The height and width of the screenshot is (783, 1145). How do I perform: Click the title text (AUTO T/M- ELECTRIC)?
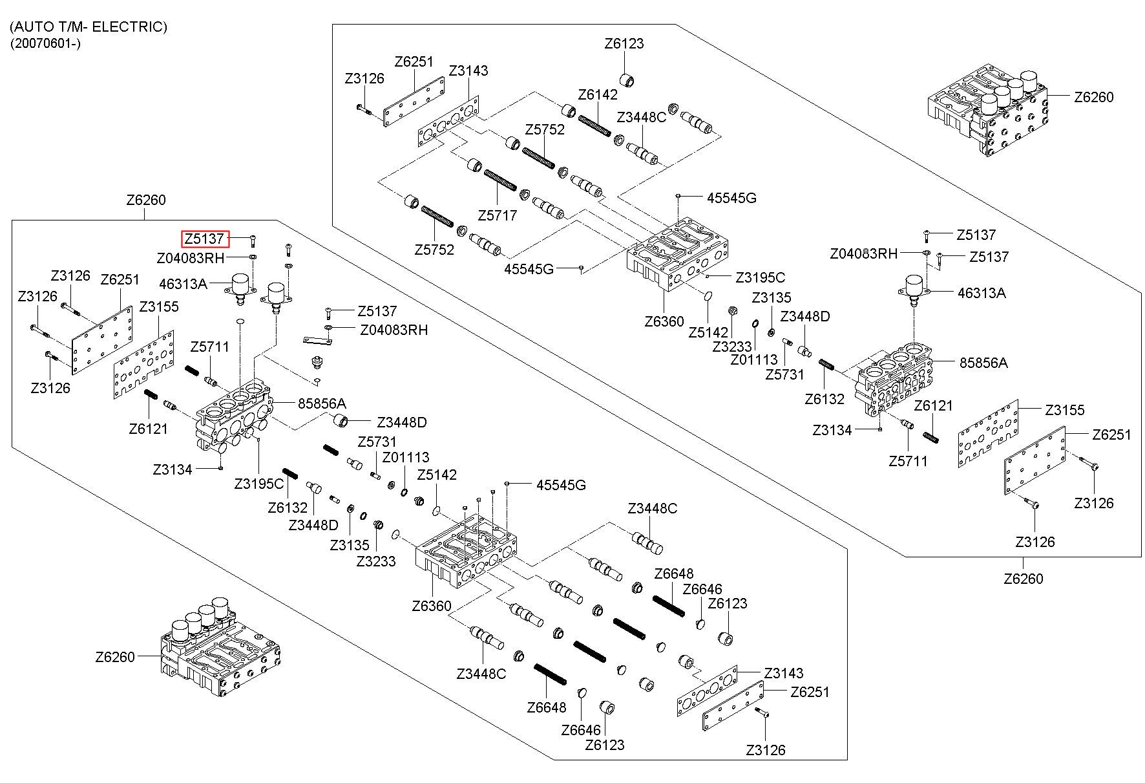89,27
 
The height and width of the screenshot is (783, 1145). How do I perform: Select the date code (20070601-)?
45,43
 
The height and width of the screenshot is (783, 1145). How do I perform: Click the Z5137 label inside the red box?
204,239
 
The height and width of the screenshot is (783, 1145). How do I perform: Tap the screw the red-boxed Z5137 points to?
253,241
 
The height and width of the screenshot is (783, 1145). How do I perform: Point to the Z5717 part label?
497,215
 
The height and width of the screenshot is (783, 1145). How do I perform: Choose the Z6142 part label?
597,94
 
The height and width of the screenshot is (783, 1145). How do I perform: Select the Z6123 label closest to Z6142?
624,44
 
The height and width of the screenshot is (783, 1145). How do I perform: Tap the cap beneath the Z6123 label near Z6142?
627,80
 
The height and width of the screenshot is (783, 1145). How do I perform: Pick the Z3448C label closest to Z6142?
641,117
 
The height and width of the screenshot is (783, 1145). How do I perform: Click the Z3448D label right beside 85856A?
402,422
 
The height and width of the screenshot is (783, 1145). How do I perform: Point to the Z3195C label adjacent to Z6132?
258,483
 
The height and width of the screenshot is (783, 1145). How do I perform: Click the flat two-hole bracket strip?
317,339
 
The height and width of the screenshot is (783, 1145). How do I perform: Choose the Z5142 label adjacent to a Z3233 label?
708,332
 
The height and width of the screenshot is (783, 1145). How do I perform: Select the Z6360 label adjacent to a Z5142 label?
664,321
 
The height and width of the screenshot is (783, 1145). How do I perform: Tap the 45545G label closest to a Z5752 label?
529,268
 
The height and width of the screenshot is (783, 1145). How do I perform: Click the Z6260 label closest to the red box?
146,200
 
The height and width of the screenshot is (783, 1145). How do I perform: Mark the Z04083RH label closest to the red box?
191,258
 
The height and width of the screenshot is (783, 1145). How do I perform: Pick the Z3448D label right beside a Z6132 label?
313,524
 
